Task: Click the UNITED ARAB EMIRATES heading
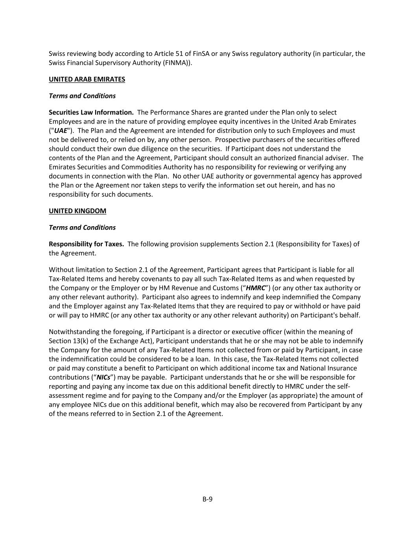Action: pos(87,79)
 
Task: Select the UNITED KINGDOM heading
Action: pos(77,211)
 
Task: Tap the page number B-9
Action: pos(208,499)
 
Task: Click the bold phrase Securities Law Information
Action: pos(91,113)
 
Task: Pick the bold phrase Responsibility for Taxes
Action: pos(86,244)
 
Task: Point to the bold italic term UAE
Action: pos(61,131)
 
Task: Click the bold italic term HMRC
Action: pos(255,288)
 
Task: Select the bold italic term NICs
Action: pos(103,377)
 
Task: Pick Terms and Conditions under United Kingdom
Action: pos(82,227)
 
